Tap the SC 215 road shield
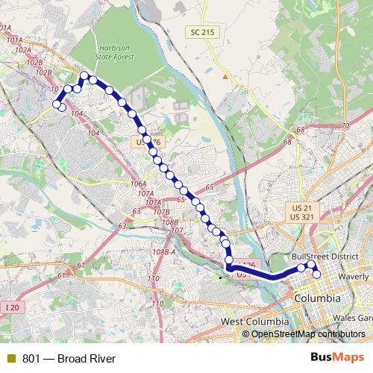pyautogui.click(x=198, y=31)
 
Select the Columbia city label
pyautogui.click(x=319, y=298)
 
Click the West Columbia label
pyautogui.click(x=254, y=321)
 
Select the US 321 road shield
pyautogui.click(x=301, y=216)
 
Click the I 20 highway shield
pyautogui.click(x=10, y=307)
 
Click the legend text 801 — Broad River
pyautogui.click(x=69, y=359)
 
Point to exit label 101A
pyautogui.click(x=12, y=39)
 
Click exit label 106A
pyautogui.click(x=138, y=184)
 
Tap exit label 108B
pyautogui.click(x=170, y=222)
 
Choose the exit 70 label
pyautogui.click(x=344, y=126)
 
